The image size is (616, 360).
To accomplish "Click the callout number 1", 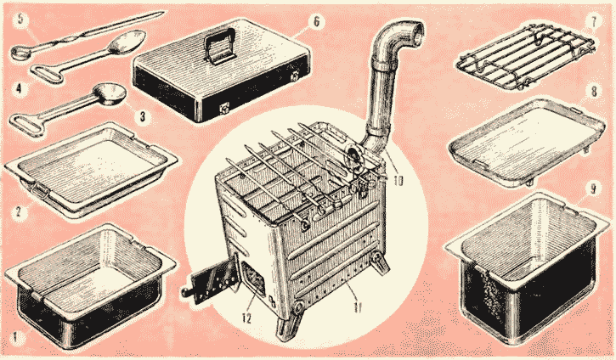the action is click(16, 337).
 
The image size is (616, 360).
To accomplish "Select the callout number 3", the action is click(142, 115).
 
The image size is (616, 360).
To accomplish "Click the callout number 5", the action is click(21, 20).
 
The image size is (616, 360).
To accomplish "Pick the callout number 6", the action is click(316, 21).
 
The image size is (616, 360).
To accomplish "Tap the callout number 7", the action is click(594, 21).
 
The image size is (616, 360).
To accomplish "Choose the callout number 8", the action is click(594, 91).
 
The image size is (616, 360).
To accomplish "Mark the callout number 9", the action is click(594, 188).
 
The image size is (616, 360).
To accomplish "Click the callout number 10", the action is click(398, 182).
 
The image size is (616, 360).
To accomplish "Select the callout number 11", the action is click(357, 307).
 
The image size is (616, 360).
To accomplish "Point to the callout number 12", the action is click(246, 318).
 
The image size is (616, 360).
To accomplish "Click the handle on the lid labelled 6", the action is click(218, 46).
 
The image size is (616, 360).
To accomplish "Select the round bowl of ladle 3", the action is click(113, 94).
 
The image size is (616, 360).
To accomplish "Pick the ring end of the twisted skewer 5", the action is click(18, 53).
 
